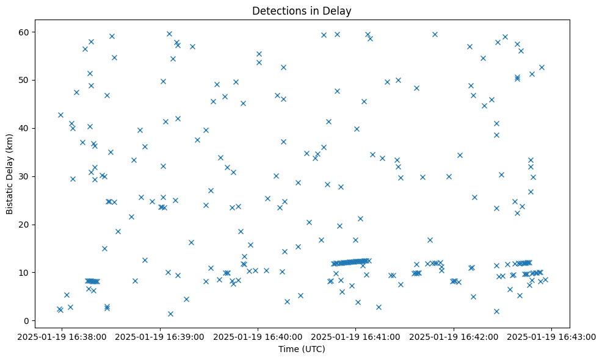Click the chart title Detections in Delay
302,11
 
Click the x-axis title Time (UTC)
302,349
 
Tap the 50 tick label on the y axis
26,80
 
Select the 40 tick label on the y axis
26,128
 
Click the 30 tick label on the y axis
26,176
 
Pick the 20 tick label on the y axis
26,225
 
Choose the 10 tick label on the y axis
26,273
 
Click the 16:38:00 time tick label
62,336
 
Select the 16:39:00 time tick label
160,336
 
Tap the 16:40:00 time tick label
258,336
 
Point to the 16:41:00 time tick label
357,336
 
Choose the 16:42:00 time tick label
454,336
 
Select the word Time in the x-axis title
288,349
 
